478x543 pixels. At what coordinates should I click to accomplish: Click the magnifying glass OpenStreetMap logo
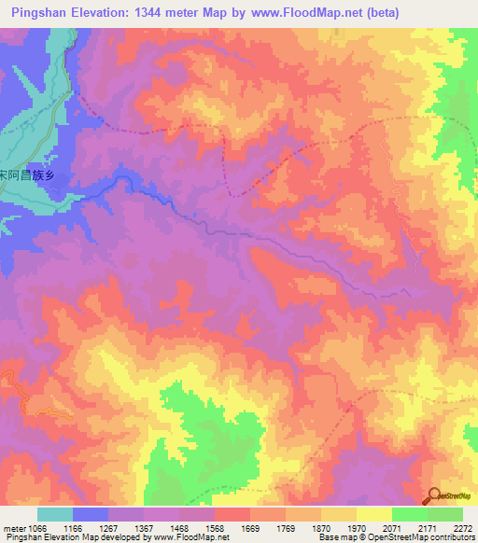[x=436, y=496]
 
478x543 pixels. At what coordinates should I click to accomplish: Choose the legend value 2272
[x=463, y=528]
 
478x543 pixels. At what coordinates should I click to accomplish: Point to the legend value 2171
[x=429, y=528]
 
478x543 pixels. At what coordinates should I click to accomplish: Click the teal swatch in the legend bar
[x=54, y=514]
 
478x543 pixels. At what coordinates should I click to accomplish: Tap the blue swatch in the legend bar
[x=90, y=514]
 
